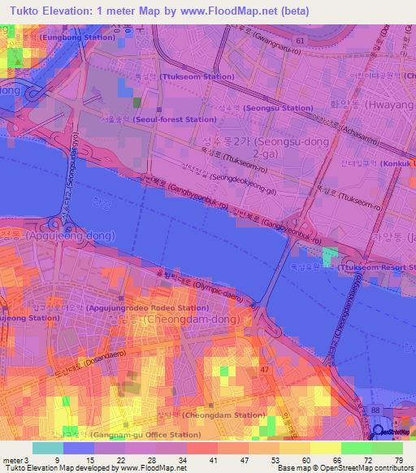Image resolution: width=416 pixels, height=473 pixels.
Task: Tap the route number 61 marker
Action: [x=301, y=39]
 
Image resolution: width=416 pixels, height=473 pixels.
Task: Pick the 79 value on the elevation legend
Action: [x=397, y=459]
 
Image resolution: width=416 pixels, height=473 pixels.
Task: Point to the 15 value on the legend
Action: [x=79, y=459]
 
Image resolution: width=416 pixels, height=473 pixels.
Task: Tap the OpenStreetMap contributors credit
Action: [x=374, y=469]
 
